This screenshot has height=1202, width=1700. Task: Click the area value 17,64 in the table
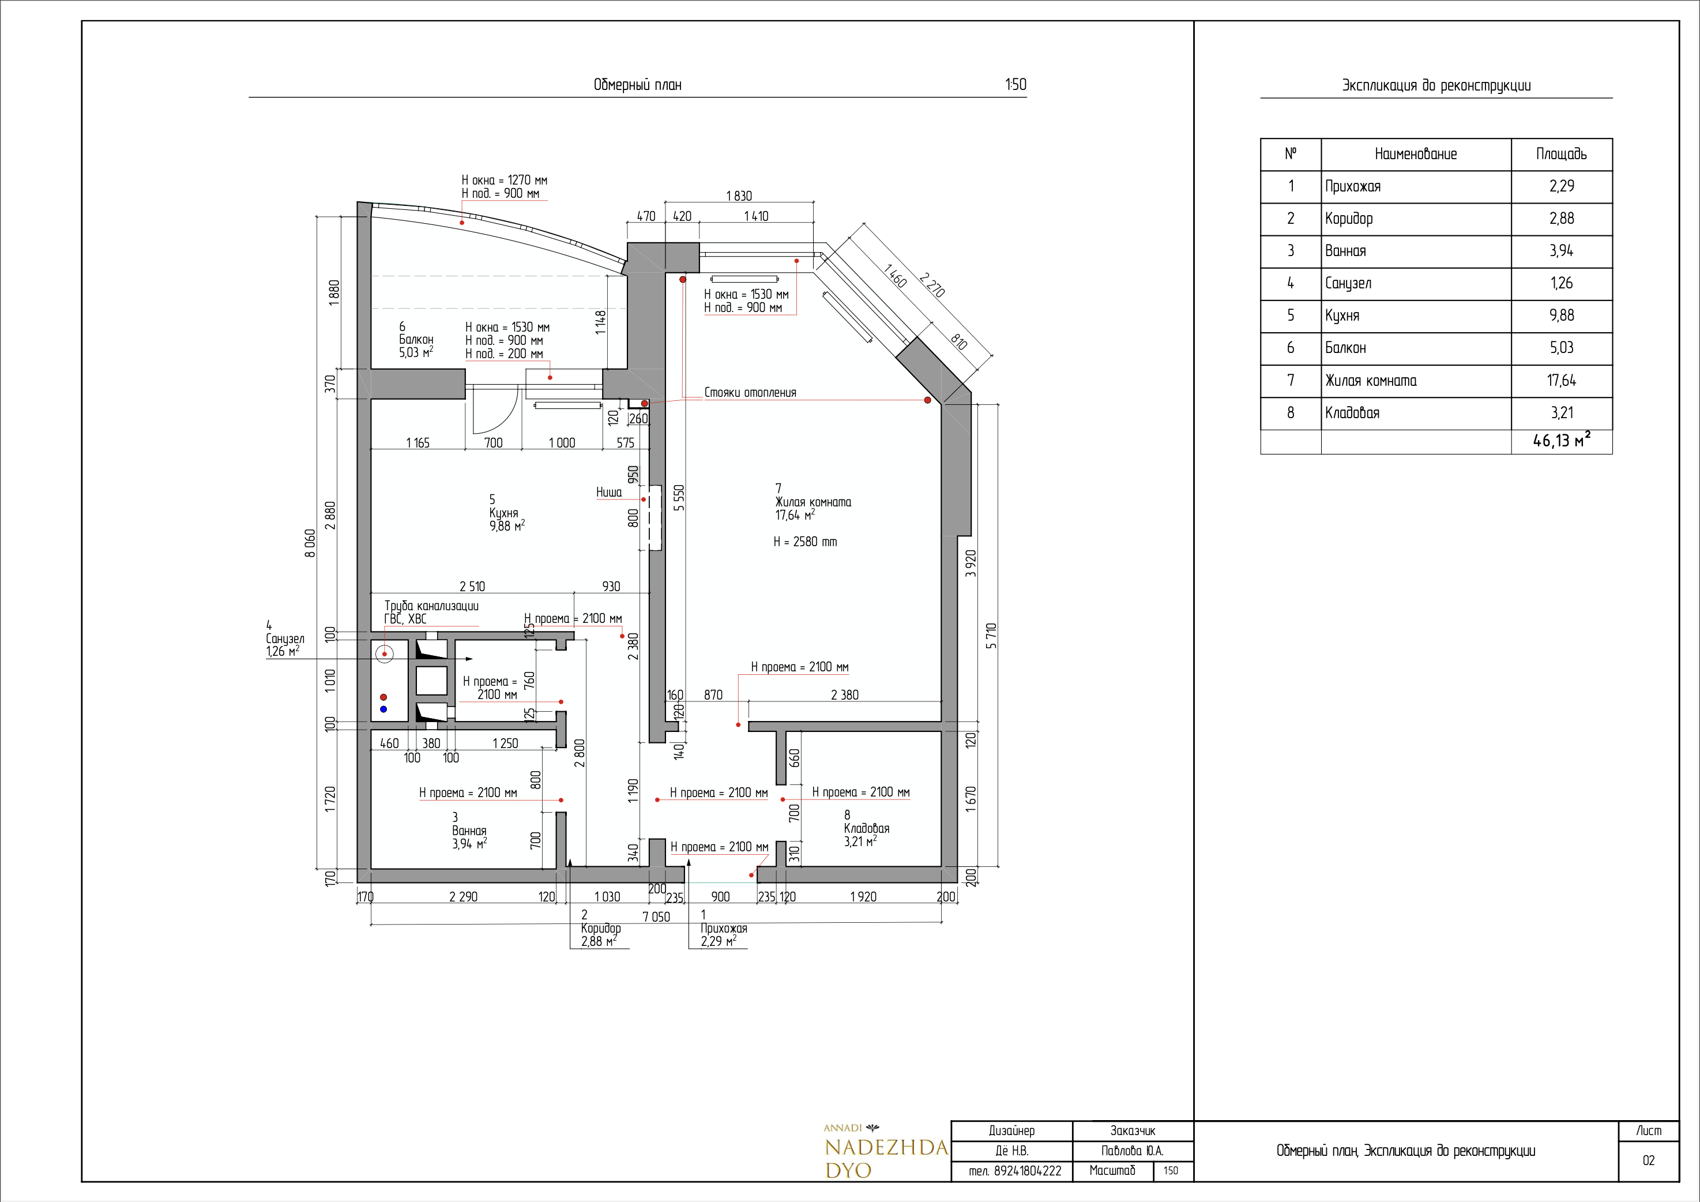(x=1562, y=381)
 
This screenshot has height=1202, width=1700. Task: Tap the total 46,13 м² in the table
(x=1562, y=440)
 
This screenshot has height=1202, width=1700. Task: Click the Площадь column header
(x=1562, y=154)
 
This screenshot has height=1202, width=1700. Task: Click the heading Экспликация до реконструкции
(x=1436, y=85)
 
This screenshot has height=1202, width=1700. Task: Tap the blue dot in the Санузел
(x=383, y=709)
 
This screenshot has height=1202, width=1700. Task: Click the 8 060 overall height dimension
(x=310, y=543)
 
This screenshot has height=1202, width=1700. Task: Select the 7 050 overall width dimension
(x=656, y=917)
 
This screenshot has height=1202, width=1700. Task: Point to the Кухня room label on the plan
(x=503, y=513)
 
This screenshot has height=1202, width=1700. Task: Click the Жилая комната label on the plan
(x=813, y=502)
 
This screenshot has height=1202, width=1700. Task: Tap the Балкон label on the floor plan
(x=416, y=339)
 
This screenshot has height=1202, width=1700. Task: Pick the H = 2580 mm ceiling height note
(x=806, y=542)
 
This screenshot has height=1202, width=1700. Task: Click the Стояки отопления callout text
(x=750, y=393)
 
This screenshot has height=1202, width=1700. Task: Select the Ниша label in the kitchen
(x=608, y=492)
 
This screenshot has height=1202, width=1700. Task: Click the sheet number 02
(x=1648, y=1160)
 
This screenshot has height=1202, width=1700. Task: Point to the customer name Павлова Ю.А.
(x=1132, y=1151)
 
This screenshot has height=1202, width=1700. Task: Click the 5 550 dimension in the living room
(x=679, y=498)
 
